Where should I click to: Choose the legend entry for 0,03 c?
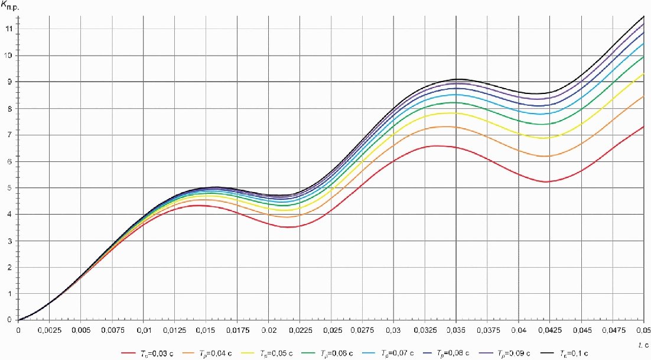coord(148,353)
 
